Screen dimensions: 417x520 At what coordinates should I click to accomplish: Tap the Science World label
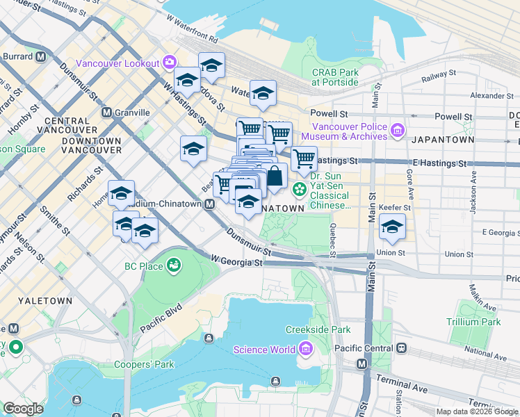264,350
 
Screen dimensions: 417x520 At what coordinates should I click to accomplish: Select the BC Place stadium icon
174,265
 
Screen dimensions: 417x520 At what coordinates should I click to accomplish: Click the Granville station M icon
107,112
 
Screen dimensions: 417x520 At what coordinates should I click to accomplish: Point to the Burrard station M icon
41,56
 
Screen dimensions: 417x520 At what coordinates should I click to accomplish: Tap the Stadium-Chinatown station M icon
209,204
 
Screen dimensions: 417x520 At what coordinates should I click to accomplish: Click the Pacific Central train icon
400,348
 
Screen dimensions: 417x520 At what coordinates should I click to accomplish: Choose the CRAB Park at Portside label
335,76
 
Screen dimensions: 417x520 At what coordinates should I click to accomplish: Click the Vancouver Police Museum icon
397,130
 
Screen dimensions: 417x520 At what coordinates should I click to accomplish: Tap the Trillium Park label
476,322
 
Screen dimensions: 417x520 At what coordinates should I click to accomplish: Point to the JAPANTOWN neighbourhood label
442,140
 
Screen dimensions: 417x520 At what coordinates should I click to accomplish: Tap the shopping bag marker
275,176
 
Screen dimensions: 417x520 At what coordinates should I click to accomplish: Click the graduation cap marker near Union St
392,227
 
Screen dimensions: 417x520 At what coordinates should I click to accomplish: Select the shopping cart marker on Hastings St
304,159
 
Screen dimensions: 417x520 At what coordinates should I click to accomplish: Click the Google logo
23,409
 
